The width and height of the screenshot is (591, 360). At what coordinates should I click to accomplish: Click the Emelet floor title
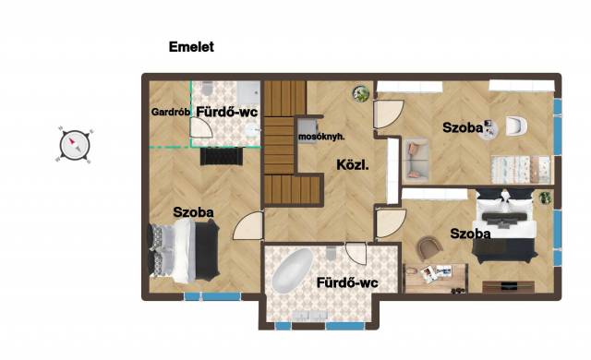[x=191, y=47]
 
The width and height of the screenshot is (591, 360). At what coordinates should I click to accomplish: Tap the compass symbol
[x=74, y=145]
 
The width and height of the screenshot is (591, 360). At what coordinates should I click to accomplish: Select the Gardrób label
[x=170, y=112]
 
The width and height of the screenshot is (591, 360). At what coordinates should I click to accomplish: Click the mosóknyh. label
[x=321, y=137]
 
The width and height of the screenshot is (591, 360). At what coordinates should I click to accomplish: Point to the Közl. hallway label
[x=353, y=164]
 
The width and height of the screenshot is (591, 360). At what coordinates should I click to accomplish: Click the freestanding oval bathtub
[x=293, y=270]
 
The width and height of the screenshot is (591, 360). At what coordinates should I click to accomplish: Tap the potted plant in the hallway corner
[x=361, y=93]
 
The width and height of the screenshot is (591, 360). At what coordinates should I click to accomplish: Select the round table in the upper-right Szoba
[x=488, y=130]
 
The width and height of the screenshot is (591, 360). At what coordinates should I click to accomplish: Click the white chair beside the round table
[x=516, y=126]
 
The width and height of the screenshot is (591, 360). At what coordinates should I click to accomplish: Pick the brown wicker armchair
[x=429, y=247]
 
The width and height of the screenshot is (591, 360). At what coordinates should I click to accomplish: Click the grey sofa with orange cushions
[x=416, y=159]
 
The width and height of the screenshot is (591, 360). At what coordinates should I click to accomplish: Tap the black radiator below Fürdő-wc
[x=222, y=156]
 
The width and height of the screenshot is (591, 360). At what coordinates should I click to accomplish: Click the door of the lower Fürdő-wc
[x=356, y=253]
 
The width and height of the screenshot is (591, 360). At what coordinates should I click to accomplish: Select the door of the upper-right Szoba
[x=389, y=114]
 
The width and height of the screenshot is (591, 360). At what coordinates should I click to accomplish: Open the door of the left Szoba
[x=248, y=225]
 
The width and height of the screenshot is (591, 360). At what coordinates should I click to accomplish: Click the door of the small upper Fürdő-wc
[x=201, y=127]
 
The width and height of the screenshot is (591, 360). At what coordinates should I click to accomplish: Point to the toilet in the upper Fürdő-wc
[x=207, y=89]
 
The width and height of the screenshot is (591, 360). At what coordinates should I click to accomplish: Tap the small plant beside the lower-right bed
[x=545, y=198]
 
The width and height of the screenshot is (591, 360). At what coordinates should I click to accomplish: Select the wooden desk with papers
[x=436, y=279]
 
